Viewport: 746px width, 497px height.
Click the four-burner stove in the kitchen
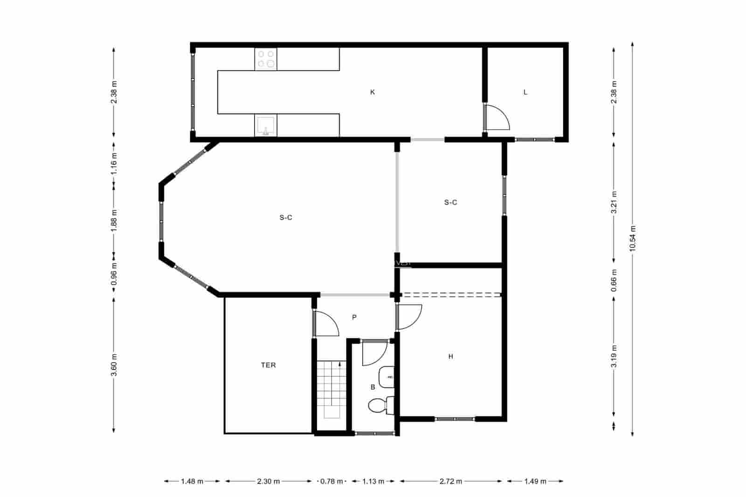[266, 59]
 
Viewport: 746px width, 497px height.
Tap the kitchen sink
[265, 125]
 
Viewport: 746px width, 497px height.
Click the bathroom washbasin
[387, 377]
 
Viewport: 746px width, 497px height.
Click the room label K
[372, 92]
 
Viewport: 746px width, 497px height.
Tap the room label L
[525, 92]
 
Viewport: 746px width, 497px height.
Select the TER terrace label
[268, 365]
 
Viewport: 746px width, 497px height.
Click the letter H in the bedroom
[450, 357]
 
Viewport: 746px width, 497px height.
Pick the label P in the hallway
[354, 318]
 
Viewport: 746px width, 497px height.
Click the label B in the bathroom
[373, 387]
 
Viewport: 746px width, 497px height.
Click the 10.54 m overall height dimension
[632, 238]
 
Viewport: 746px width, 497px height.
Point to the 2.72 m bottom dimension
[451, 482]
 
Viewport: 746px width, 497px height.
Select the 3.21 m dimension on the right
[614, 202]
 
